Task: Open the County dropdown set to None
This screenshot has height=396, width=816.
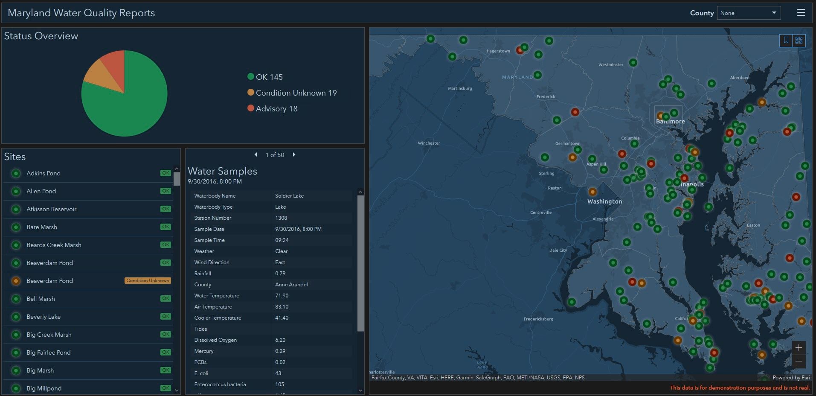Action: tap(749, 13)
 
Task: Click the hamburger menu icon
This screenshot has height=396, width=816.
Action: tap(801, 13)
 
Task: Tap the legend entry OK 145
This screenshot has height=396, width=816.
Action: tap(265, 77)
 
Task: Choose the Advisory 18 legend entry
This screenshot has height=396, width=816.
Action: tap(273, 109)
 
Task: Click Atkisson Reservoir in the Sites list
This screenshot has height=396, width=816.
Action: tap(51, 209)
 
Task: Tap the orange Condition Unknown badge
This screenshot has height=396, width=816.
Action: tap(148, 281)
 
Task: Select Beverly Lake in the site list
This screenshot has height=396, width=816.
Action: tap(44, 317)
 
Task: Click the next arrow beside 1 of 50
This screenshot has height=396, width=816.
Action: tap(294, 155)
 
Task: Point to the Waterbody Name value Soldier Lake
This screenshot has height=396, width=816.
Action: tap(289, 196)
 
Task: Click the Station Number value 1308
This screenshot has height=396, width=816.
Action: tap(281, 218)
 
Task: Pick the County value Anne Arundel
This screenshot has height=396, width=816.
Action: tap(291, 285)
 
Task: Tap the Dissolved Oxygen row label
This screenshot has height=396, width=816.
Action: tap(215, 340)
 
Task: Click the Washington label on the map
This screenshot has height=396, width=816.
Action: tap(604, 201)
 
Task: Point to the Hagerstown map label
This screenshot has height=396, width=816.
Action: tap(498, 51)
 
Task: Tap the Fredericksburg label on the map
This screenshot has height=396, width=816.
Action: tap(538, 319)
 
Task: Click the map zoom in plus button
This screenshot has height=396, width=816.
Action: tap(799, 348)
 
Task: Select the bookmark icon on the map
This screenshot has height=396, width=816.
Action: tap(786, 40)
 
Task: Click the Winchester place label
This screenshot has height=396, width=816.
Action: tap(429, 143)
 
